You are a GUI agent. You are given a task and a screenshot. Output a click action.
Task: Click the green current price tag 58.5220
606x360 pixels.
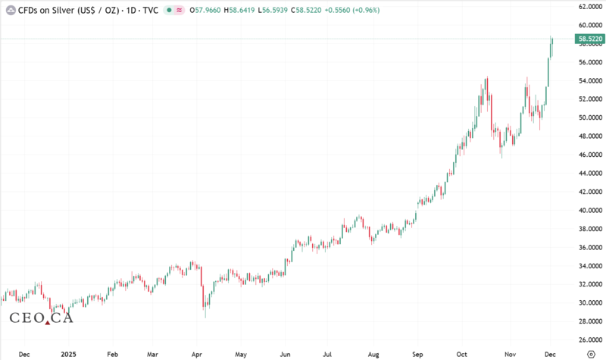[x=589, y=38]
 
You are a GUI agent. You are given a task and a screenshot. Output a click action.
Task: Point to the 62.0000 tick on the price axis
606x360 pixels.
[x=590, y=7]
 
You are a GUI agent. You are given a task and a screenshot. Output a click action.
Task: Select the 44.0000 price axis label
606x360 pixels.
[x=590, y=173]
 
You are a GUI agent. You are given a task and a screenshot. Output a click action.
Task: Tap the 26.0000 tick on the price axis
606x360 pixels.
[x=590, y=340]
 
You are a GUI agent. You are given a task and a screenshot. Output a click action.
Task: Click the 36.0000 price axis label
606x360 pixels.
[x=590, y=247]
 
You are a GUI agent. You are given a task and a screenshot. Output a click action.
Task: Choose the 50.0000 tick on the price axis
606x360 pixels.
[x=590, y=117]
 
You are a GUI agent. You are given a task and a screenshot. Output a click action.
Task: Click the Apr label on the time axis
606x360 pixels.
[x=196, y=353]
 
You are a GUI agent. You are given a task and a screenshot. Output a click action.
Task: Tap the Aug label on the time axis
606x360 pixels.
[x=372, y=353]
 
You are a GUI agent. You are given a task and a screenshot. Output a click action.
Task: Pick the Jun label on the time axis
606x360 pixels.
[x=285, y=353]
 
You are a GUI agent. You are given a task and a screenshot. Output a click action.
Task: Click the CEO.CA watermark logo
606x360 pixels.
[x=41, y=318]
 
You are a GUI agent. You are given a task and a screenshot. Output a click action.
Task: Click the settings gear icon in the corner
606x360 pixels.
[x=590, y=353]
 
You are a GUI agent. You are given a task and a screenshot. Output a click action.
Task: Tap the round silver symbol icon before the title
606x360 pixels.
[x=11, y=10]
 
